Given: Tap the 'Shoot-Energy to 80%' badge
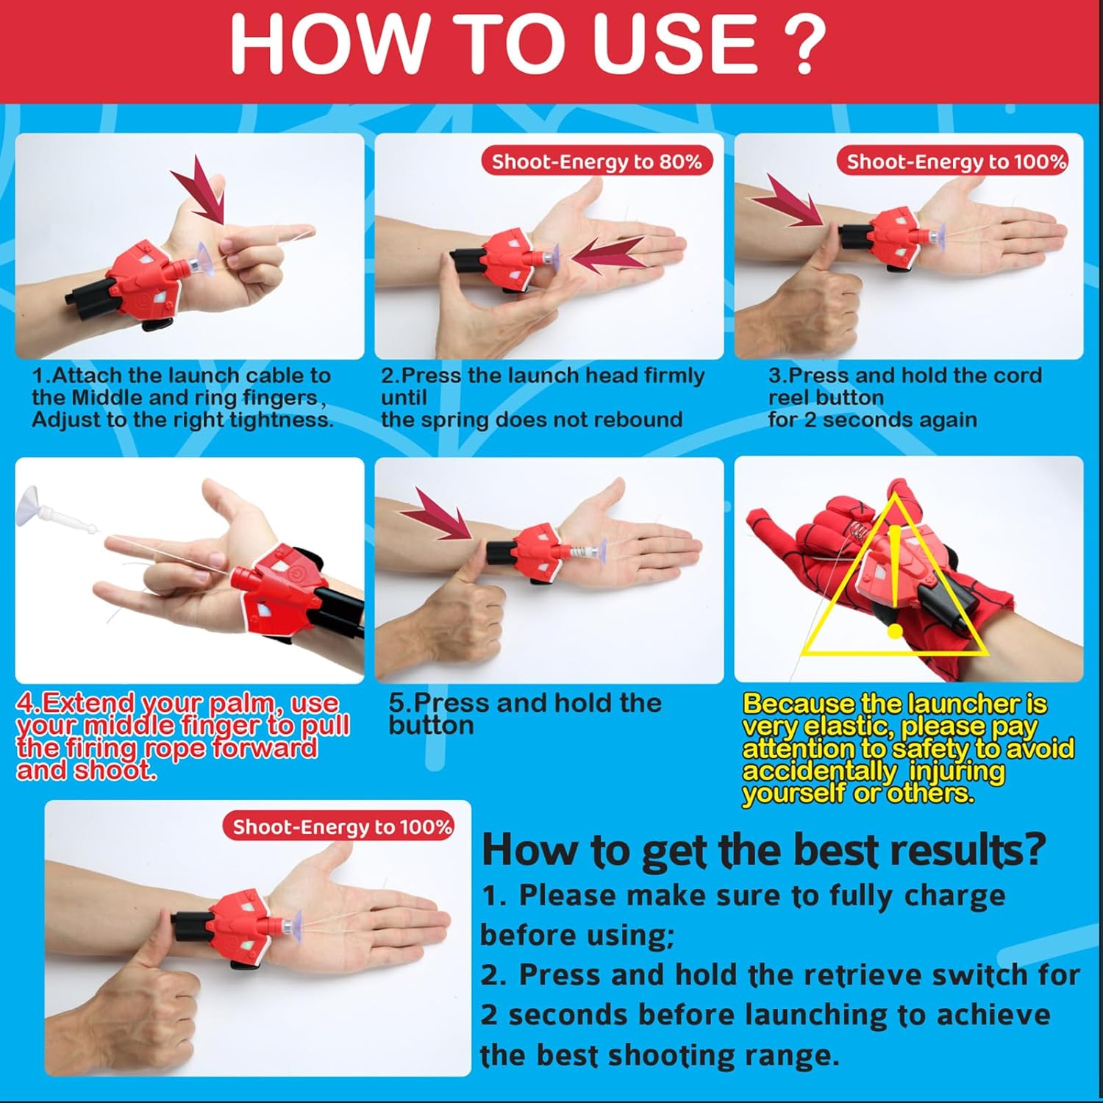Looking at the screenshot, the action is pyautogui.click(x=597, y=161).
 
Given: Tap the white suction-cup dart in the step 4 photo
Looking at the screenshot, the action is pyautogui.click(x=60, y=507).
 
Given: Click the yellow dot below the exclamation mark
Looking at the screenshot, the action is pyautogui.click(x=895, y=630).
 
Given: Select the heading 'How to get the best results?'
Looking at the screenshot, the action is pyautogui.click(x=763, y=850).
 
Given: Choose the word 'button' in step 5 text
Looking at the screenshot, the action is pyautogui.click(x=432, y=726).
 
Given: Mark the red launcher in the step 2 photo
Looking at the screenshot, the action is pyautogui.click(x=510, y=258).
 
